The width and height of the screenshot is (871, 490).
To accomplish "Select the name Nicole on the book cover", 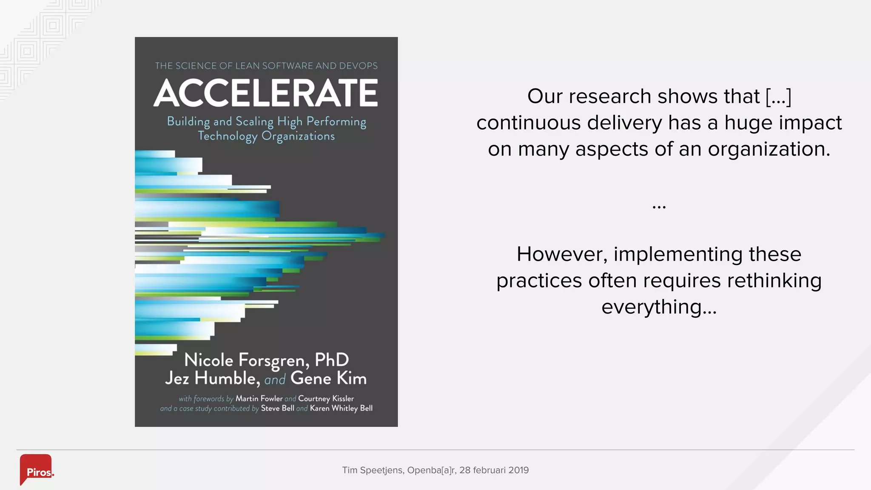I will [208, 360].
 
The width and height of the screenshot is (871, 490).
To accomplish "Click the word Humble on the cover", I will [227, 378].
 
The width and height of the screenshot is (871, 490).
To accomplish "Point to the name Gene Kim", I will [328, 378].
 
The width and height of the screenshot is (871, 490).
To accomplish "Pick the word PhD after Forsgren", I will [332, 360].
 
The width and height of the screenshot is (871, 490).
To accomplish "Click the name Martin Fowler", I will [259, 399].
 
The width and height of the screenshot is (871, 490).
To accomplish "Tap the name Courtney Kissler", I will [326, 399].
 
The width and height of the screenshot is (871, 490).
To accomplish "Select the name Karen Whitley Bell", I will [341, 408].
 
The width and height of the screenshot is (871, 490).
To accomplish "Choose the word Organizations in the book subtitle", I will [298, 136].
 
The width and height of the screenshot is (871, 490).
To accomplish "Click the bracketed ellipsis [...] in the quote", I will [778, 96].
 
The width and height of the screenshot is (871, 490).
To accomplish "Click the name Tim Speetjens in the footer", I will [373, 470].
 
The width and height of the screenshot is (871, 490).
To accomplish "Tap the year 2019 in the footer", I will [518, 470].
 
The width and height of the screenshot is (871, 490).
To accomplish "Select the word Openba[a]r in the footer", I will [432, 470].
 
